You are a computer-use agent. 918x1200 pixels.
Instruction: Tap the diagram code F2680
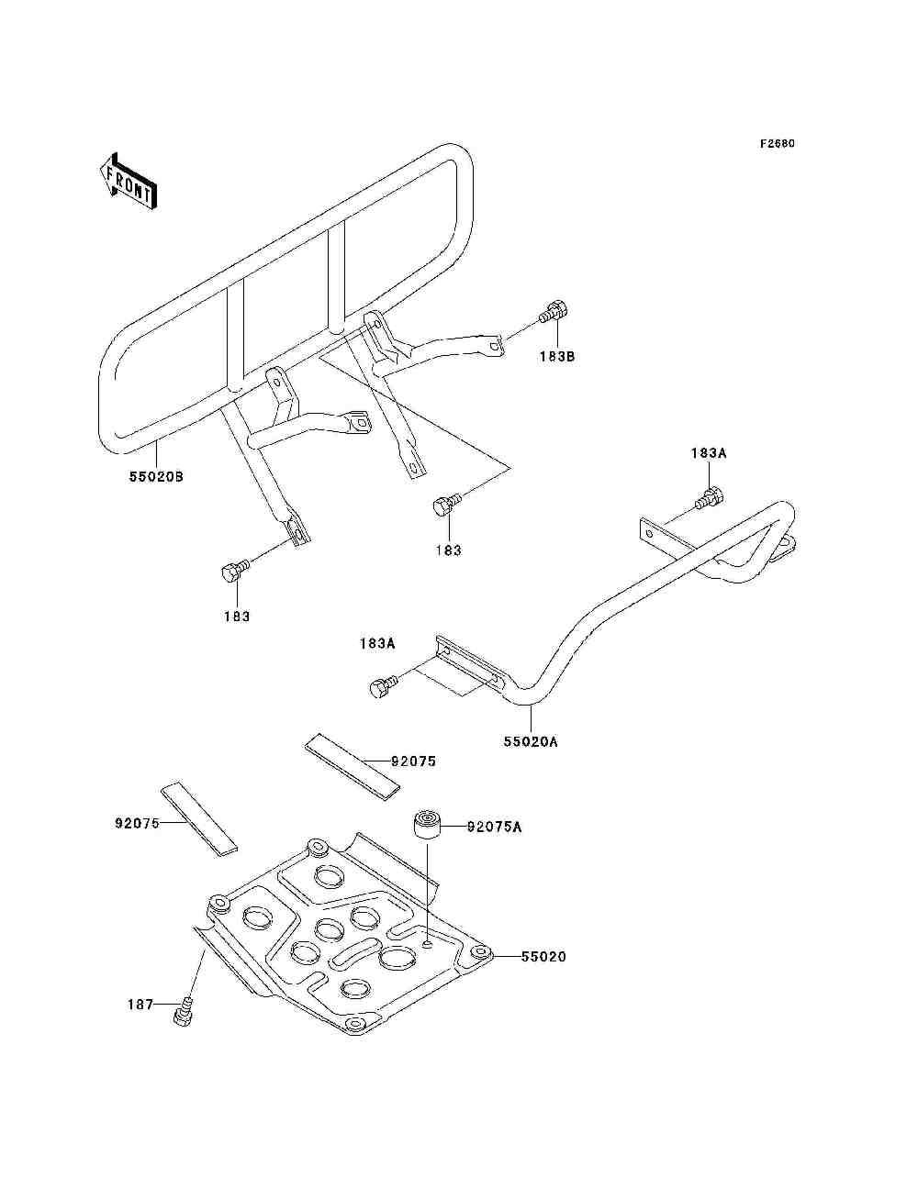coord(777,144)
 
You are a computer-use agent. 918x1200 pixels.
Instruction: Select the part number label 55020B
coord(156,476)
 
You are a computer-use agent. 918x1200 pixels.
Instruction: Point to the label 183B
coord(556,356)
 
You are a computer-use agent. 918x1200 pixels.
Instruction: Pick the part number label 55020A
coord(531,741)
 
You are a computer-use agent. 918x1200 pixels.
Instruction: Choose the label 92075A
coord(494,827)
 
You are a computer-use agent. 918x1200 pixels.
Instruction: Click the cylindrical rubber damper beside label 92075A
coord(425,822)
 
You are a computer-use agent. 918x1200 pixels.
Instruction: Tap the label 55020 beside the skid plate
coord(543,956)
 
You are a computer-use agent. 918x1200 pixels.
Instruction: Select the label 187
coord(140,1005)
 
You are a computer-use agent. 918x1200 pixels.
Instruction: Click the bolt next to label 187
coord(183,1011)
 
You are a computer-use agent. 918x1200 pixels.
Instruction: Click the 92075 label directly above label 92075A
coord(413,761)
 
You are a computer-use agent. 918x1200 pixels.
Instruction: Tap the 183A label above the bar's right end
coord(709,452)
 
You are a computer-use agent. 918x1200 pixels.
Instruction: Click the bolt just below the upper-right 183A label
coord(711,498)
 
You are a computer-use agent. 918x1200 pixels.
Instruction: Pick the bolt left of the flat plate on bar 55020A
coord(381,686)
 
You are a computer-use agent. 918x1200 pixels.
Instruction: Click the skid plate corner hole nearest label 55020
coord(479,952)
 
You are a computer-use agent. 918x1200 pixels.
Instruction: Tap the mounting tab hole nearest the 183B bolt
coord(496,346)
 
